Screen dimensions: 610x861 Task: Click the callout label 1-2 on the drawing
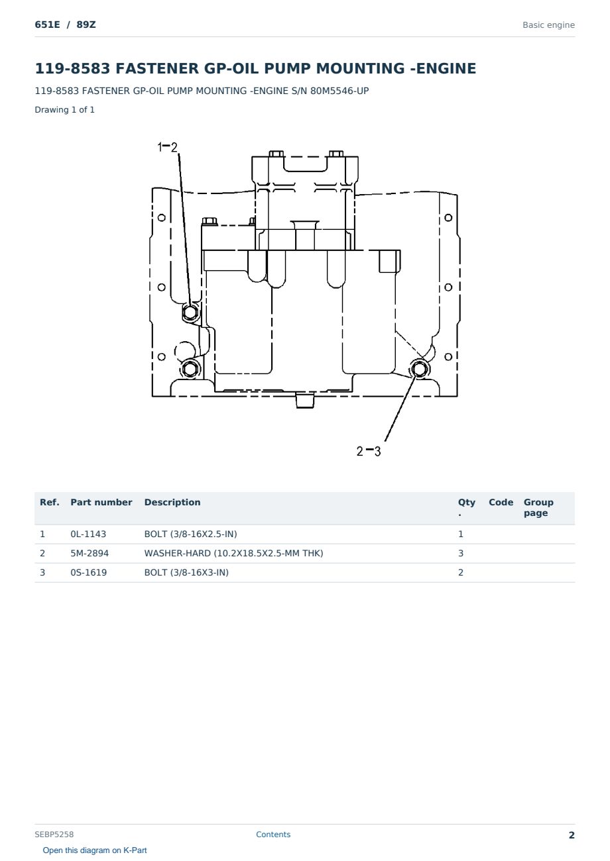167,147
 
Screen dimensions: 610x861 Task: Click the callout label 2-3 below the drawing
368,451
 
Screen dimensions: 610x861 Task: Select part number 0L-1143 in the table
88,534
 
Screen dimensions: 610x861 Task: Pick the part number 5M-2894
90,553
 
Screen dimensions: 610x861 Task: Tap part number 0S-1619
89,572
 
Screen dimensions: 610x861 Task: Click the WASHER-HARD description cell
233,553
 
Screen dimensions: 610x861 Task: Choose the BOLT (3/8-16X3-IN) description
186,572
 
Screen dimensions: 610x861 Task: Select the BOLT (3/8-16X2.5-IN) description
190,534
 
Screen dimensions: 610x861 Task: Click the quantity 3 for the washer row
461,553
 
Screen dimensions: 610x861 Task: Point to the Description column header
172,502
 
